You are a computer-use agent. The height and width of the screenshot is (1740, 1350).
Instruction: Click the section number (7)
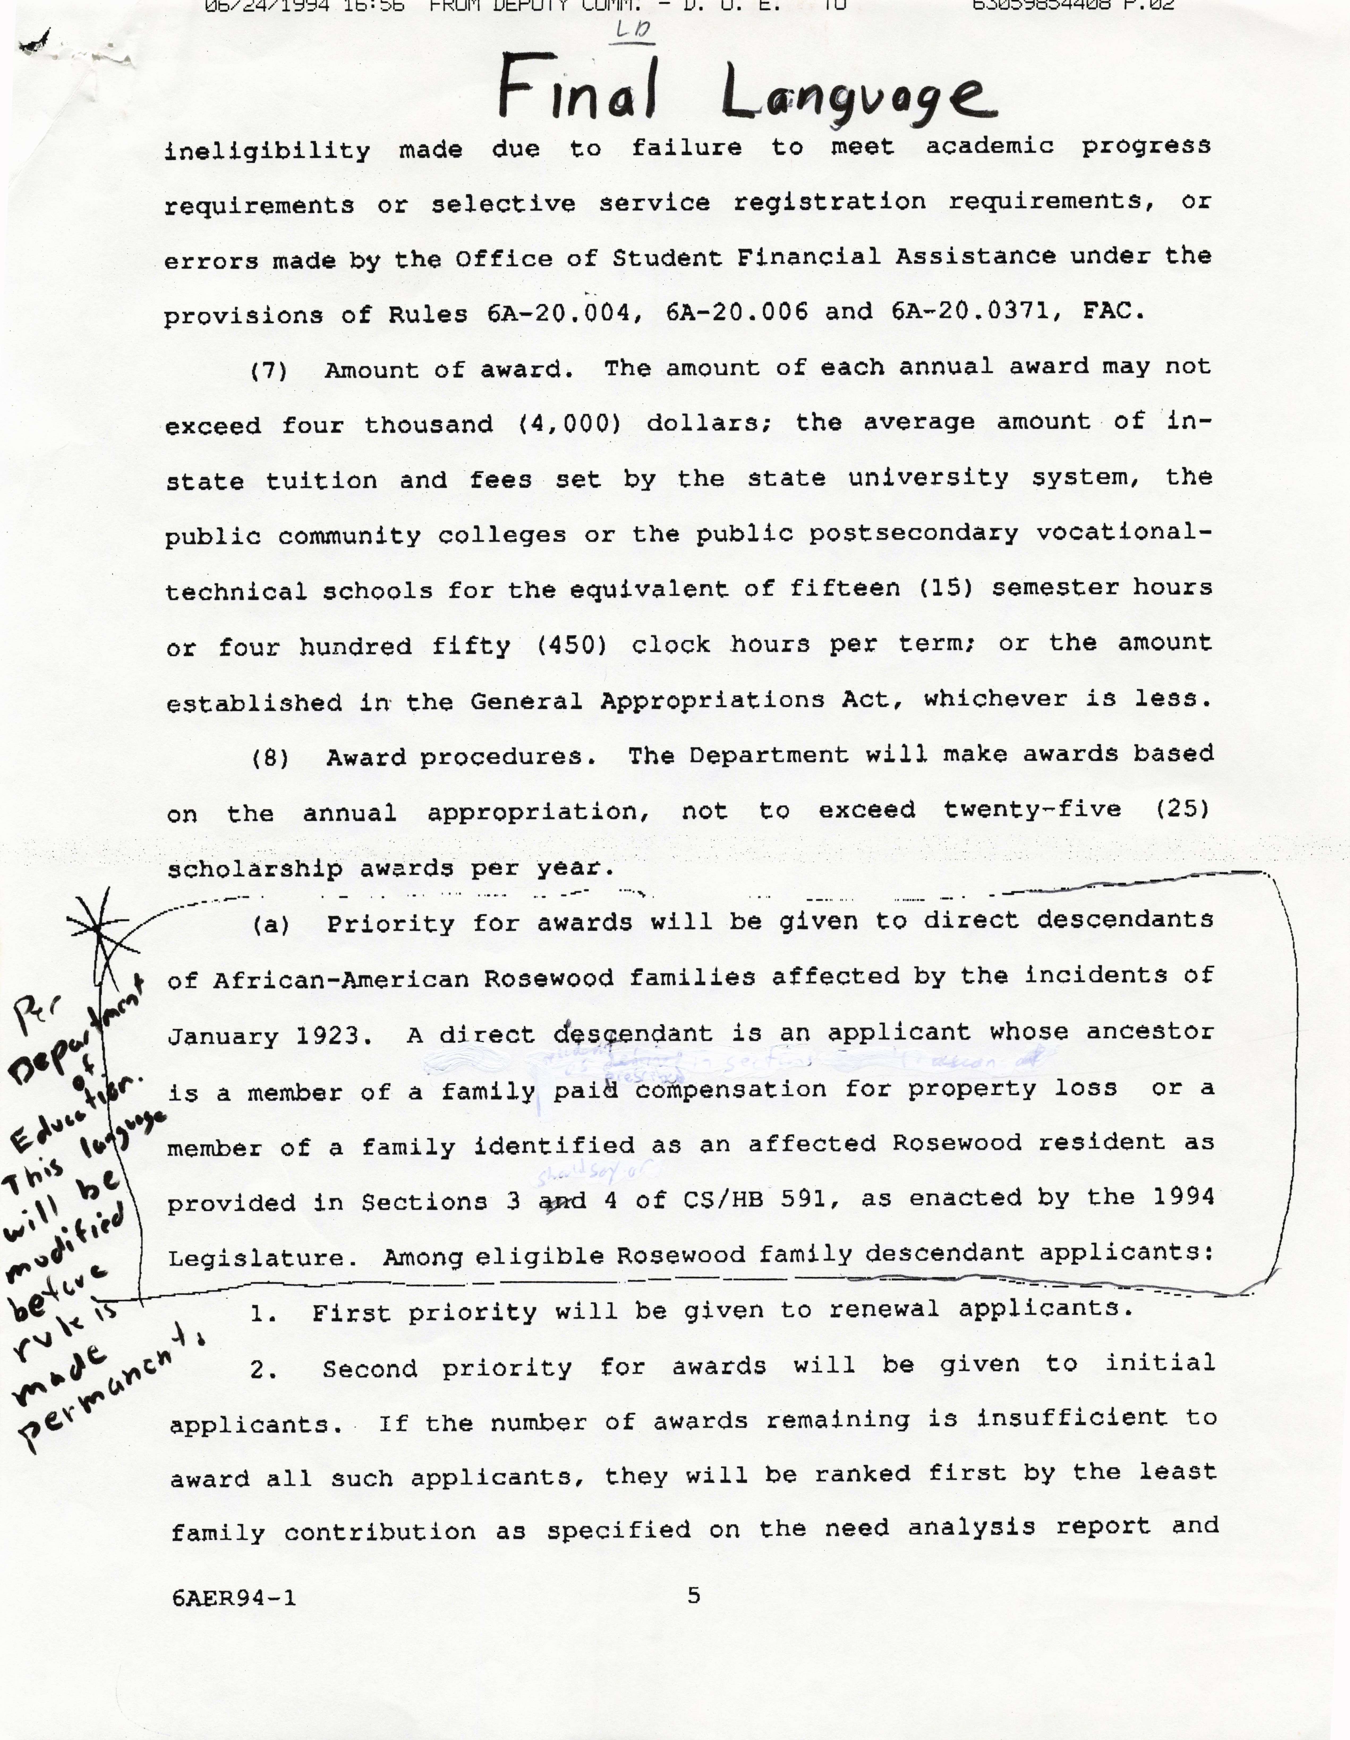point(269,371)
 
